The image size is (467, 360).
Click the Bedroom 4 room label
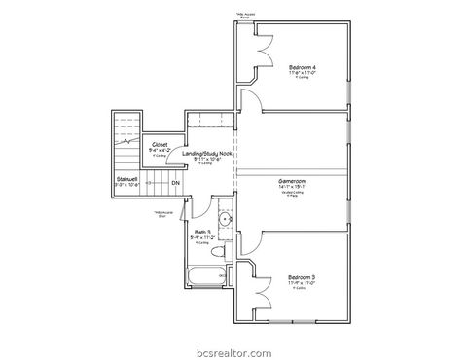[x=302, y=66]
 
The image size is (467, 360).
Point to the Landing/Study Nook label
[x=205, y=154]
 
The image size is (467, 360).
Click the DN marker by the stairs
[x=176, y=183]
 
